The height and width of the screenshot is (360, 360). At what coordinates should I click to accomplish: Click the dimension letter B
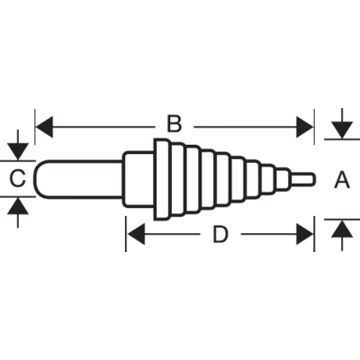[175, 124]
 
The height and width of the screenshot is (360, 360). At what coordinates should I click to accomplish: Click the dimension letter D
[220, 234]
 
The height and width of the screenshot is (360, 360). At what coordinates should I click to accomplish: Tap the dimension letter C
[17, 178]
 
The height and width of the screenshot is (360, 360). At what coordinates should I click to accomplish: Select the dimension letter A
[342, 179]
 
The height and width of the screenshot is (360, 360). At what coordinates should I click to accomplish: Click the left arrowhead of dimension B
[44, 127]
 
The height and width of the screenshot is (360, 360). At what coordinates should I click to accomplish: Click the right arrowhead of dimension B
[305, 127]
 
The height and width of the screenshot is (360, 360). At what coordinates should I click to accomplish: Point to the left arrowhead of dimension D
[136, 234]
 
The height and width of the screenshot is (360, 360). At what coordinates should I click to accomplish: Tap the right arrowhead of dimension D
[305, 234]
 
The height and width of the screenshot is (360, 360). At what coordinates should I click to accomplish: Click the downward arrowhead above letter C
[18, 151]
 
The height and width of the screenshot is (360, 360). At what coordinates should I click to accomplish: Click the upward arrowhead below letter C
[18, 206]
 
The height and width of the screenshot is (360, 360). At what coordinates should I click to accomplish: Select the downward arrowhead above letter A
[342, 130]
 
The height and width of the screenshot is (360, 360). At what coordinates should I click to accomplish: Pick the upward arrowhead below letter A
[342, 229]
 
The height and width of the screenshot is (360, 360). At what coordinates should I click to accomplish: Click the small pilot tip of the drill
[303, 179]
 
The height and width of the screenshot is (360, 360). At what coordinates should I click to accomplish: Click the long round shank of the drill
[78, 179]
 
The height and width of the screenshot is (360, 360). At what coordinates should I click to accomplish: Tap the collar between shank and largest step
[139, 179]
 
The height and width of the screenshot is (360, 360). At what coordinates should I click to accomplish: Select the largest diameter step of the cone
[162, 179]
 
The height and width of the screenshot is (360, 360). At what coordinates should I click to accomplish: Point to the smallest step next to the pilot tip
[283, 179]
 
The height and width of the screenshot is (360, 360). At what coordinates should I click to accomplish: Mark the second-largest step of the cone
[178, 179]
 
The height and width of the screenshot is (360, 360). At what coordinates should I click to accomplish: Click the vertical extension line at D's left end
[126, 234]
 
